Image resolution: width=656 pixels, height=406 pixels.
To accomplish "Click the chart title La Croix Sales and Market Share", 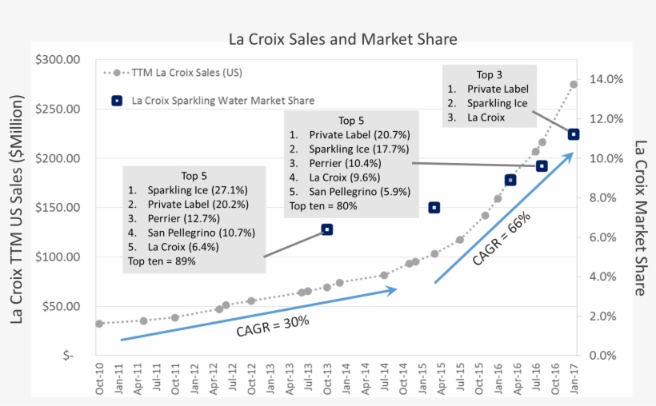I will coord(343,38).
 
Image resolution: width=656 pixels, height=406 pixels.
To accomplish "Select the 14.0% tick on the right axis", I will coord(606,80).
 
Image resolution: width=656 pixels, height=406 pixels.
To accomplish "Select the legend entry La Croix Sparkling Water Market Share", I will coord(222,101).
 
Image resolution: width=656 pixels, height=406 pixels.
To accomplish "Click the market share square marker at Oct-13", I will coord(327,229).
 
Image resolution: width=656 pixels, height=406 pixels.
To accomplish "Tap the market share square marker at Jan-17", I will coord(574,134).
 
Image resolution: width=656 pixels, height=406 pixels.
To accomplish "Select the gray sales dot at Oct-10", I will coord(99,324).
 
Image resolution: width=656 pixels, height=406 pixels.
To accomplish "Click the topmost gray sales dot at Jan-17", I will coord(574,84).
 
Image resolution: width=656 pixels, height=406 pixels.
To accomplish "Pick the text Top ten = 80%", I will coord(323,206).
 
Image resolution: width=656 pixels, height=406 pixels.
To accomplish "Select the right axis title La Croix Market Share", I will coord(640,217).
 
